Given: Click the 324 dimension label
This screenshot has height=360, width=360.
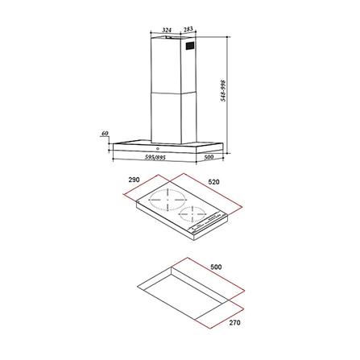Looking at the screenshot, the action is [167, 29].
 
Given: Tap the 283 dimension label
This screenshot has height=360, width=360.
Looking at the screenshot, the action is [188, 29].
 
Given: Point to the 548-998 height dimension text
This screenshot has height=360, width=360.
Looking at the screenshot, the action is [223, 90].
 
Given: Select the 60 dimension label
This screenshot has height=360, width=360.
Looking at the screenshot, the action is [105, 134].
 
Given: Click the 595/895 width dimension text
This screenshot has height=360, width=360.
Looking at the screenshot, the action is [155, 158].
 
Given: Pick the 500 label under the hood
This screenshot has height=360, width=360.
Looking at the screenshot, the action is [209, 157].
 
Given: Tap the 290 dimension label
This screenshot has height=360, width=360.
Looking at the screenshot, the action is [134, 180].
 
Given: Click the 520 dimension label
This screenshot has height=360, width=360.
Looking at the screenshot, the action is [213, 182].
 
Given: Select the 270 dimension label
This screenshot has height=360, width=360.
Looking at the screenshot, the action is [234, 322].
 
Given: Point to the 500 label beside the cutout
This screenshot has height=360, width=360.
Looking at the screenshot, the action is [216, 267].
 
